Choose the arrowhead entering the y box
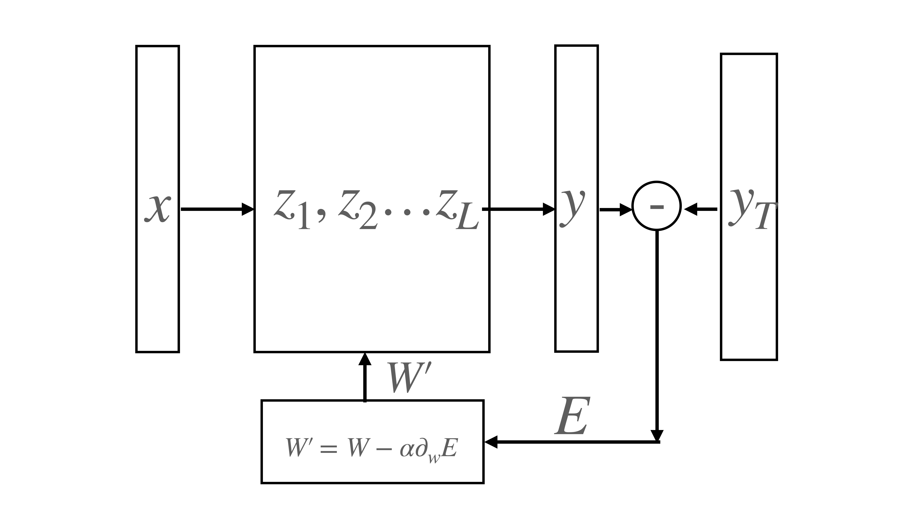pos(549,209)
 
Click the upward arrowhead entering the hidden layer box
pos(365,359)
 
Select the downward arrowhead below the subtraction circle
pos(657,435)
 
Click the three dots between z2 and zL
pos(407,212)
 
